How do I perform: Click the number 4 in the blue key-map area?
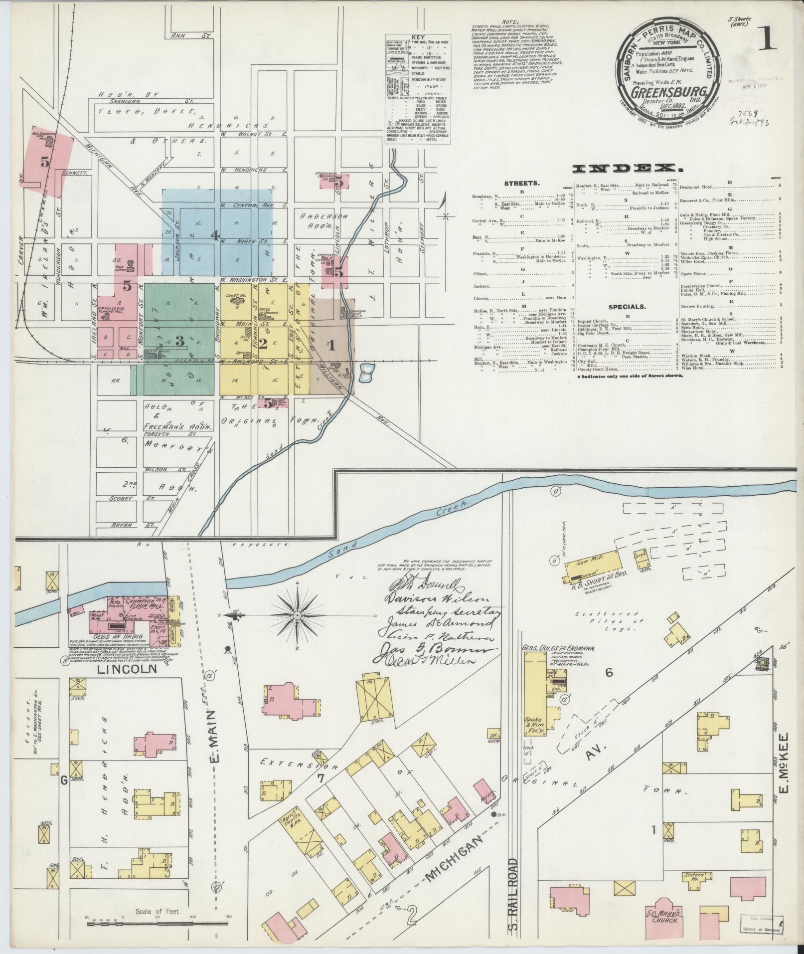[x=215, y=236]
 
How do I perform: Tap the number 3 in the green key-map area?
[x=180, y=342]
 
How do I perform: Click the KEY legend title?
[x=417, y=37]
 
